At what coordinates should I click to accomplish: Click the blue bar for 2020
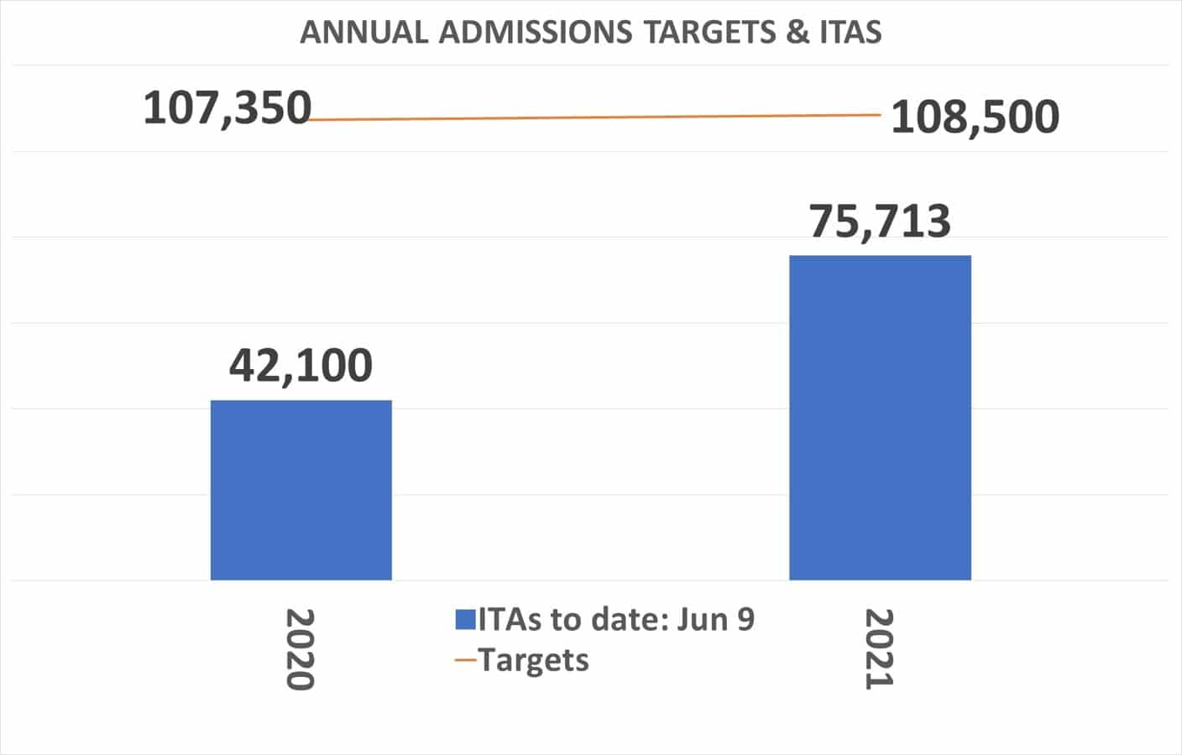[x=301, y=490]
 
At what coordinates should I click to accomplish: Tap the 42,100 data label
[x=301, y=366]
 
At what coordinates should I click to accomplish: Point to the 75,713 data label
[x=880, y=221]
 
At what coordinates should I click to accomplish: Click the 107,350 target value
[x=227, y=109]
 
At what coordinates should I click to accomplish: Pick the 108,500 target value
[x=975, y=117]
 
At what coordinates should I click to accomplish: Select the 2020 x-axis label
[x=300, y=649]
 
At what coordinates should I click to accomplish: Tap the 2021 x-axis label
[x=879, y=649]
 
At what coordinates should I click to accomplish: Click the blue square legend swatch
[x=466, y=620]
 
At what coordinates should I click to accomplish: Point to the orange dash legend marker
[x=466, y=661]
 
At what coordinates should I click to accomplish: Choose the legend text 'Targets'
[x=534, y=660]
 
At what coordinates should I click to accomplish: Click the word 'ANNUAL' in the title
[x=364, y=33]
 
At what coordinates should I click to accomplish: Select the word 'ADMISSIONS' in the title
[x=536, y=33]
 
